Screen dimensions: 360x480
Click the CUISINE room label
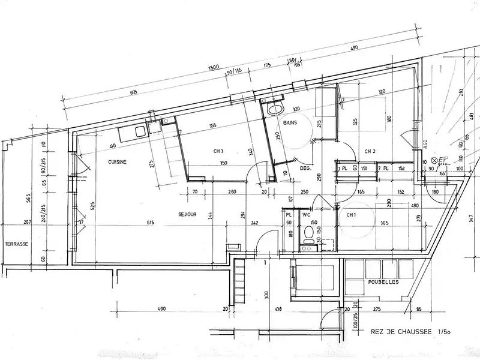[x=117, y=162]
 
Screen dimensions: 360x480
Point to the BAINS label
[x=292, y=122]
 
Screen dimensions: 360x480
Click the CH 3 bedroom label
[x=219, y=151]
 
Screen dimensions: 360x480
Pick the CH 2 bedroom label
[x=370, y=151]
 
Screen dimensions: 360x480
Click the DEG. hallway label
[x=305, y=169]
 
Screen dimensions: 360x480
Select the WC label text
[x=305, y=213]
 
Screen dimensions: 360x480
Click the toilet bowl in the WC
[x=308, y=232]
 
